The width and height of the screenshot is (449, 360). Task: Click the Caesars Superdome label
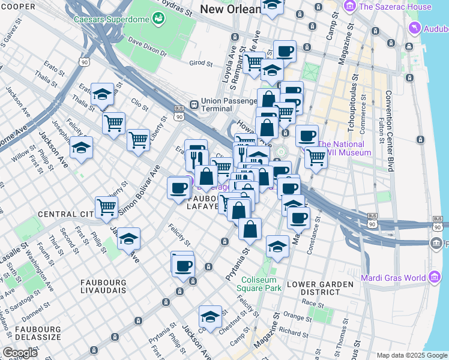tap(112, 19)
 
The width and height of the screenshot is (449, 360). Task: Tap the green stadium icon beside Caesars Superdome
tap(158, 19)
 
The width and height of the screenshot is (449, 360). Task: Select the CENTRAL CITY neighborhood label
tap(64, 214)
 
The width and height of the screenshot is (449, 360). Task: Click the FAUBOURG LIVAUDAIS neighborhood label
tap(103, 286)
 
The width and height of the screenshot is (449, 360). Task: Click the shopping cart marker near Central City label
tap(106, 208)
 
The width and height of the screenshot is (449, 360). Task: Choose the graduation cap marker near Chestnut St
tap(210, 316)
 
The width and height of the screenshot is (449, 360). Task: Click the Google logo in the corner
tap(20, 353)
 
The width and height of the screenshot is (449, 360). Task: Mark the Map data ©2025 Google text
tap(412, 355)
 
